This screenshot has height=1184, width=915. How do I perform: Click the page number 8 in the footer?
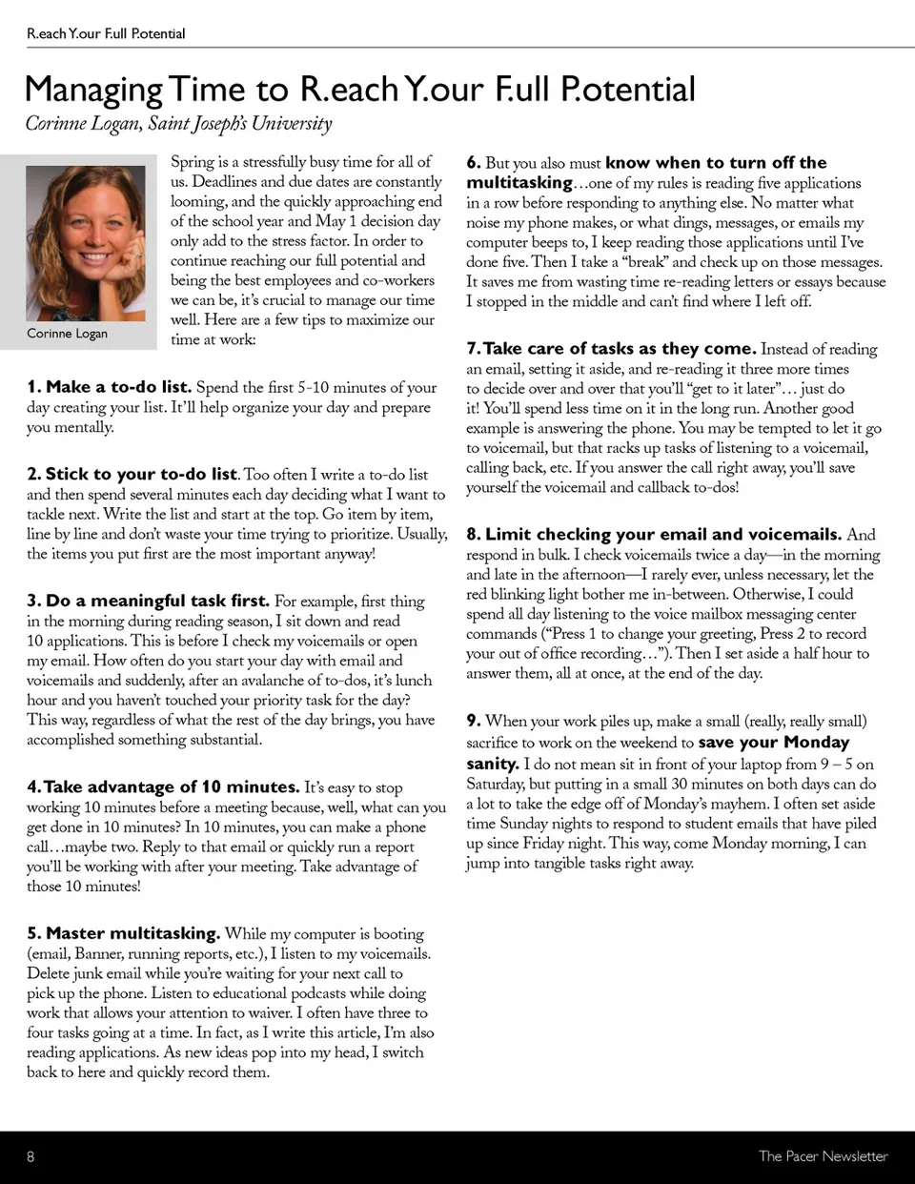pyautogui.click(x=30, y=1156)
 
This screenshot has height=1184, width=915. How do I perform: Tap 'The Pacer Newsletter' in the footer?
pyautogui.click(x=823, y=1156)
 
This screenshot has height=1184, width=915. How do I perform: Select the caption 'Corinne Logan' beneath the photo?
pyautogui.click(x=67, y=333)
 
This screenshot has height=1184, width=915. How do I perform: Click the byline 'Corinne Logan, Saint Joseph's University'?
pyautogui.click(x=178, y=124)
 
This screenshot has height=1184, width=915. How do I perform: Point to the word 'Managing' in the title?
pyautogui.click(x=93, y=90)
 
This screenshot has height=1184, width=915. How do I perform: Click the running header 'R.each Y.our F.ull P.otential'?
pyautogui.click(x=106, y=33)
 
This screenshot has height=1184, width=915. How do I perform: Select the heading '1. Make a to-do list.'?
pyautogui.click(x=110, y=387)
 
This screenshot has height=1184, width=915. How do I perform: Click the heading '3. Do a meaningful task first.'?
pyautogui.click(x=148, y=601)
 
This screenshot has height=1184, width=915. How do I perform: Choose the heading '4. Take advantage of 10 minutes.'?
pyautogui.click(x=163, y=786)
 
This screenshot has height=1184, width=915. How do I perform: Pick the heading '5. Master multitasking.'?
pyautogui.click(x=124, y=933)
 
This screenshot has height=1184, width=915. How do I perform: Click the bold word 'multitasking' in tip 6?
pyautogui.click(x=519, y=182)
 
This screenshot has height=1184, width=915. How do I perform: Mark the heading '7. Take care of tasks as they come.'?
pyautogui.click(x=611, y=348)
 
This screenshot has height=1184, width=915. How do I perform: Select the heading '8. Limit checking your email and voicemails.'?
pyautogui.click(x=654, y=534)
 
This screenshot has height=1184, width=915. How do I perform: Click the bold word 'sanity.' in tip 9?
pyautogui.click(x=492, y=764)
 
